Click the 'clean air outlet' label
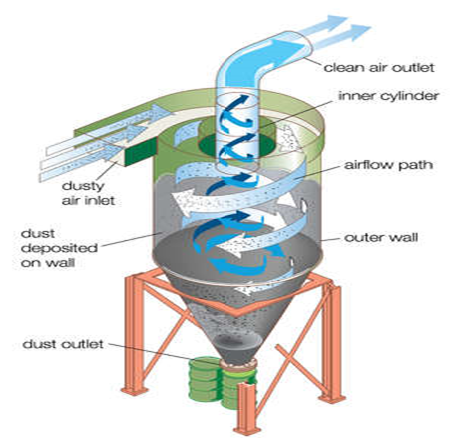379,68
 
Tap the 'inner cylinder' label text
389,96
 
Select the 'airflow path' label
389,165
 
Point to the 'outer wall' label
381,237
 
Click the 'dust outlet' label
63,344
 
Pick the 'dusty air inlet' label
88,193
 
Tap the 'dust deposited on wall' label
59,248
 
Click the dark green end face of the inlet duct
140,153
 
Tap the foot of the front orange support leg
246,429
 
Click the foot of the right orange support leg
331,397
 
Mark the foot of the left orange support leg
134,390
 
